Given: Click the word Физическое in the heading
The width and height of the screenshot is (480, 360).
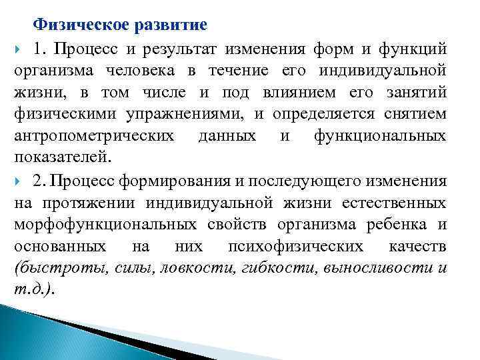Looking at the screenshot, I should (x=77, y=25).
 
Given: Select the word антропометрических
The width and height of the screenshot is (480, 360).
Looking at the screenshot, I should (x=95, y=137).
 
